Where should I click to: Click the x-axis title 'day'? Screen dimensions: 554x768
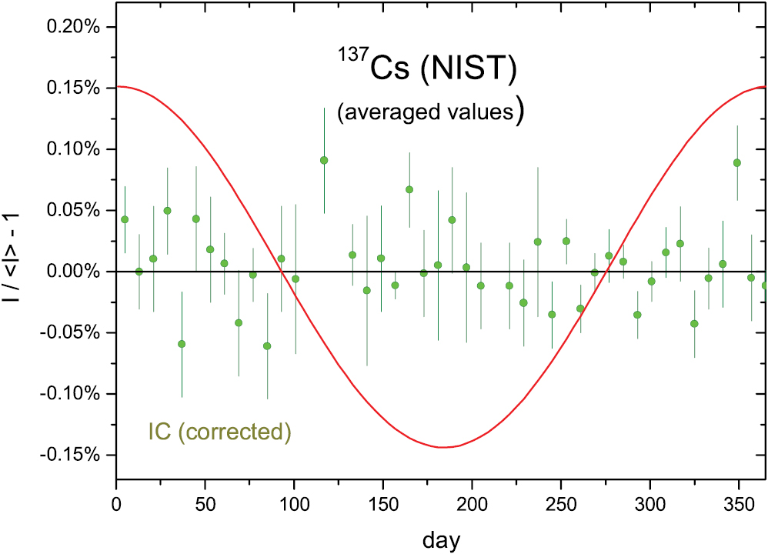[x=441, y=539]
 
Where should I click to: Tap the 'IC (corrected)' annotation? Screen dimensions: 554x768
[x=219, y=432]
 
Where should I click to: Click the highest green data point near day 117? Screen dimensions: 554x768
[x=324, y=160]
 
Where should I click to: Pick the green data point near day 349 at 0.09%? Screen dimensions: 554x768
[x=737, y=162]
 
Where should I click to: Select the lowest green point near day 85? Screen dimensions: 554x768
[x=267, y=346]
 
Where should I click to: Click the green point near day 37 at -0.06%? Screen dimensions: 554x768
[x=182, y=344]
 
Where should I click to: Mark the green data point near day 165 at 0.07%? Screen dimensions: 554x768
[x=409, y=189]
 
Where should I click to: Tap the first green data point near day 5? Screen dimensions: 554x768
[x=125, y=219]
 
